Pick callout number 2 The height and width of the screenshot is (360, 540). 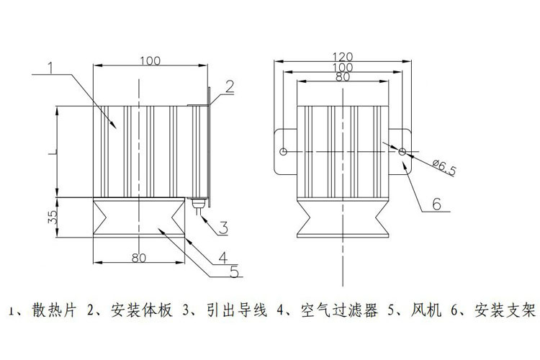click(228, 87)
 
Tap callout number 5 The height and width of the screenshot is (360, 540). click(233, 272)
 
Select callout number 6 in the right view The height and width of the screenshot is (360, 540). click(436, 204)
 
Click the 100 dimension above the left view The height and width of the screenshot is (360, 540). click(150, 60)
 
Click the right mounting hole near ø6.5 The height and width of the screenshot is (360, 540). click(402, 152)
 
